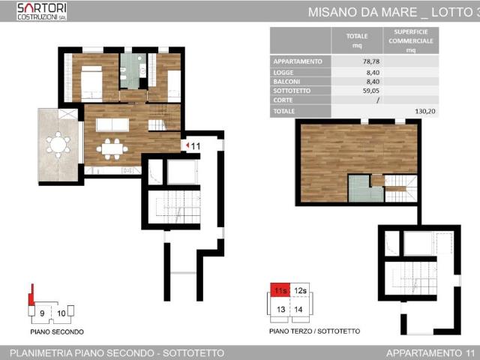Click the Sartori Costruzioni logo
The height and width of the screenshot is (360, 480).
coord(42,11)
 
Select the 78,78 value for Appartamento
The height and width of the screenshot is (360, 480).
coord(371,61)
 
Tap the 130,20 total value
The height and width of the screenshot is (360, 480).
coord(425,111)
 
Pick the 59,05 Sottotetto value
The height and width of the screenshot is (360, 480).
coord(371,91)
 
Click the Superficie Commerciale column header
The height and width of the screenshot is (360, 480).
coord(411,40)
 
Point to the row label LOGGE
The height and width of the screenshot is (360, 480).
coord(283,73)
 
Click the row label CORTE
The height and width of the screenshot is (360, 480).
coord(283,100)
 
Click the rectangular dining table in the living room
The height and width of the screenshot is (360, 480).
coord(112,149)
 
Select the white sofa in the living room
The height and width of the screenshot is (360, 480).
coord(112,125)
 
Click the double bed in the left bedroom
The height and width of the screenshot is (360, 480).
coord(91,83)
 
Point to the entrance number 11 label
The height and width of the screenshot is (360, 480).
coord(195,146)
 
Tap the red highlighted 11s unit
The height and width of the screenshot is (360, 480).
coord(280,290)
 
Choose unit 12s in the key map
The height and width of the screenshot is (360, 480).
coord(300,290)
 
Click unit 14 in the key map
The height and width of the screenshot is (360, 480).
coord(298,310)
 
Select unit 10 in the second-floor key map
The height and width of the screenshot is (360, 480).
coord(61,313)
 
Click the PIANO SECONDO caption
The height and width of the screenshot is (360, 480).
coord(57,331)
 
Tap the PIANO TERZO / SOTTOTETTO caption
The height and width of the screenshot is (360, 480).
coord(315,331)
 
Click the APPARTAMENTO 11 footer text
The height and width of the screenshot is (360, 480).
coord(430,353)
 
